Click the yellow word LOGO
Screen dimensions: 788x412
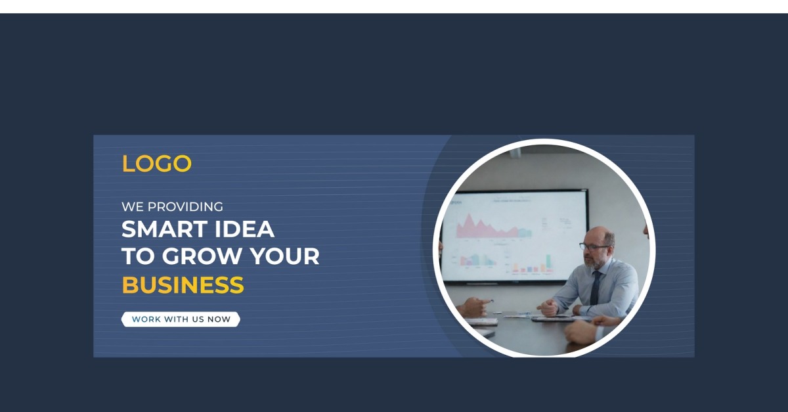[x=156, y=164]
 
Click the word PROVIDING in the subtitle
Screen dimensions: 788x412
[x=185, y=207]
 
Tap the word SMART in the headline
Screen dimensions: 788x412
[x=164, y=229]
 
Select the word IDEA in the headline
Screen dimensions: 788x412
[x=244, y=229]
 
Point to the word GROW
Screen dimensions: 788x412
[x=202, y=256]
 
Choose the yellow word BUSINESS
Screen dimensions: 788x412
[x=183, y=285]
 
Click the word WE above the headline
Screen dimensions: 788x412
[x=133, y=207]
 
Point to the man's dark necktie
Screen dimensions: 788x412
[x=595, y=288]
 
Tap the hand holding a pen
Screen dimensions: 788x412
[x=475, y=306]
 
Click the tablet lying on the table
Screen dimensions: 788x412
[x=552, y=319]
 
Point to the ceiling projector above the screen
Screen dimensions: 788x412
[x=515, y=152]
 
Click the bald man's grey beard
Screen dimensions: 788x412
[x=594, y=262]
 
